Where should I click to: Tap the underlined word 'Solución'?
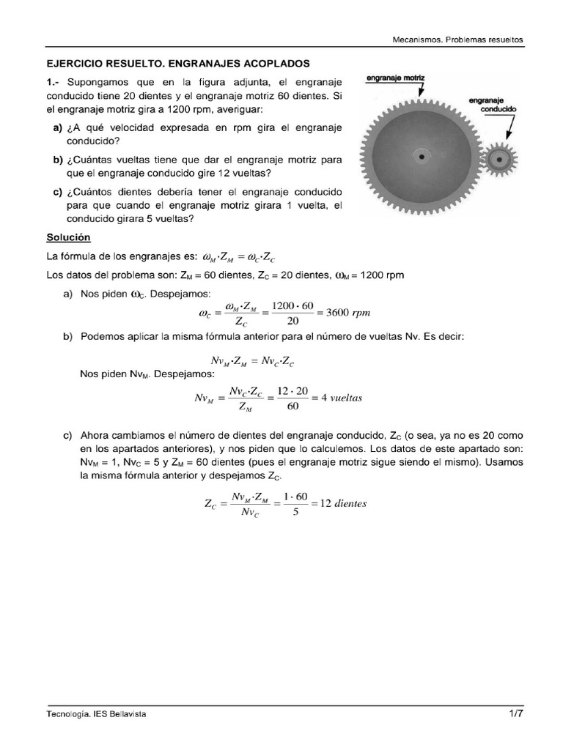point(68,238)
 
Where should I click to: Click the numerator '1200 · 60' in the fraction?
point(292,305)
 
